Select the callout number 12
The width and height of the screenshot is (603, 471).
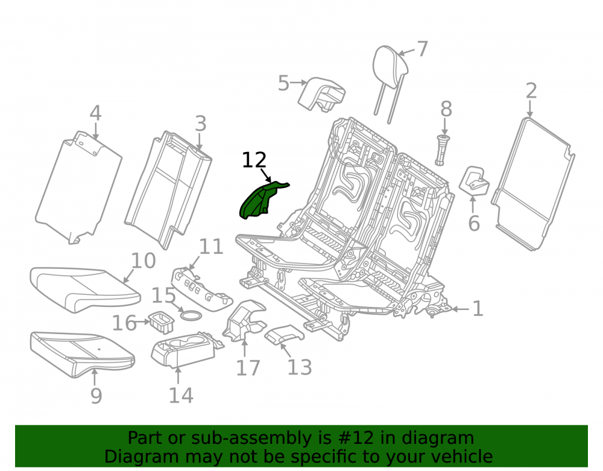point(254,160)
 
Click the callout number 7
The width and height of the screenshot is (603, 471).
point(422,49)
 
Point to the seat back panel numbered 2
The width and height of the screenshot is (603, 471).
point(532,184)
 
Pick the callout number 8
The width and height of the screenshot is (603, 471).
point(446,109)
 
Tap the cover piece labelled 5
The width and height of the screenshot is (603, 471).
point(321,93)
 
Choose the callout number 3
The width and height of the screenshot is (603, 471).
point(201,124)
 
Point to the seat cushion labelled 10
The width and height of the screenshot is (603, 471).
point(84,289)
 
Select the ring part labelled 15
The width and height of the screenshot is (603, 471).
point(191,315)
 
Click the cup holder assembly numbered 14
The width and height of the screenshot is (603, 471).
point(185,350)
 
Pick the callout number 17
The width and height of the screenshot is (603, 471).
point(248,368)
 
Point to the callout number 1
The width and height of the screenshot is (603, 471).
point(478,309)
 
